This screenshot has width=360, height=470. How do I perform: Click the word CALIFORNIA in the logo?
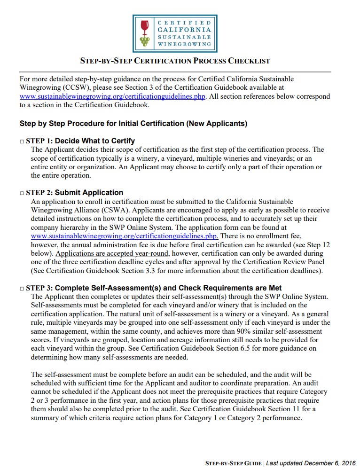pos(184,30)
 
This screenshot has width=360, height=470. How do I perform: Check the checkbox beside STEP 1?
pos(22,141)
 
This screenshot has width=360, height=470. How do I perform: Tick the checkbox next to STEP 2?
pos(22,193)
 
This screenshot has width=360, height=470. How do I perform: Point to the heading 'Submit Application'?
pos(89,193)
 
